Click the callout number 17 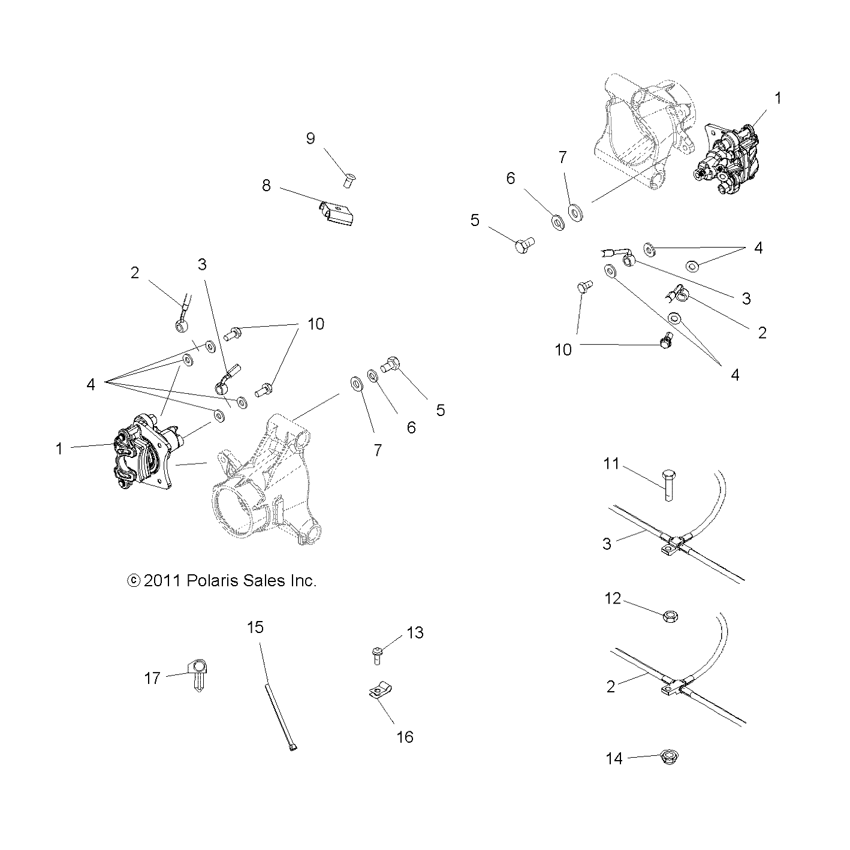click(x=152, y=678)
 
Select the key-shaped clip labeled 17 click(x=198, y=674)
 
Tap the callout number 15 click(x=255, y=628)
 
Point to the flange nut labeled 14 click(x=668, y=757)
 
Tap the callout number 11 click(x=611, y=464)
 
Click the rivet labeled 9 click(x=348, y=178)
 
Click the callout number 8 click(x=266, y=186)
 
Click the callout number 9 click(x=310, y=138)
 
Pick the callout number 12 click(x=613, y=599)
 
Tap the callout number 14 click(x=614, y=759)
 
